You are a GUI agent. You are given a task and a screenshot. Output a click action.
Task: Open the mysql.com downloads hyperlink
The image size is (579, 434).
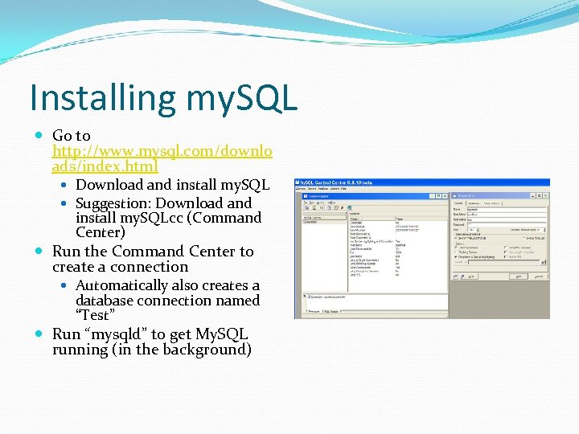point(162,151)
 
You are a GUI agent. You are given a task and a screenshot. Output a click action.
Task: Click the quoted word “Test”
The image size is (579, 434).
point(95,315)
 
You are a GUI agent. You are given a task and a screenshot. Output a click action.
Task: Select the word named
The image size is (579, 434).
point(238,301)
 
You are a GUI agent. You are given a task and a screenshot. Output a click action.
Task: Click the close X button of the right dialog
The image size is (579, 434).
point(544,194)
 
